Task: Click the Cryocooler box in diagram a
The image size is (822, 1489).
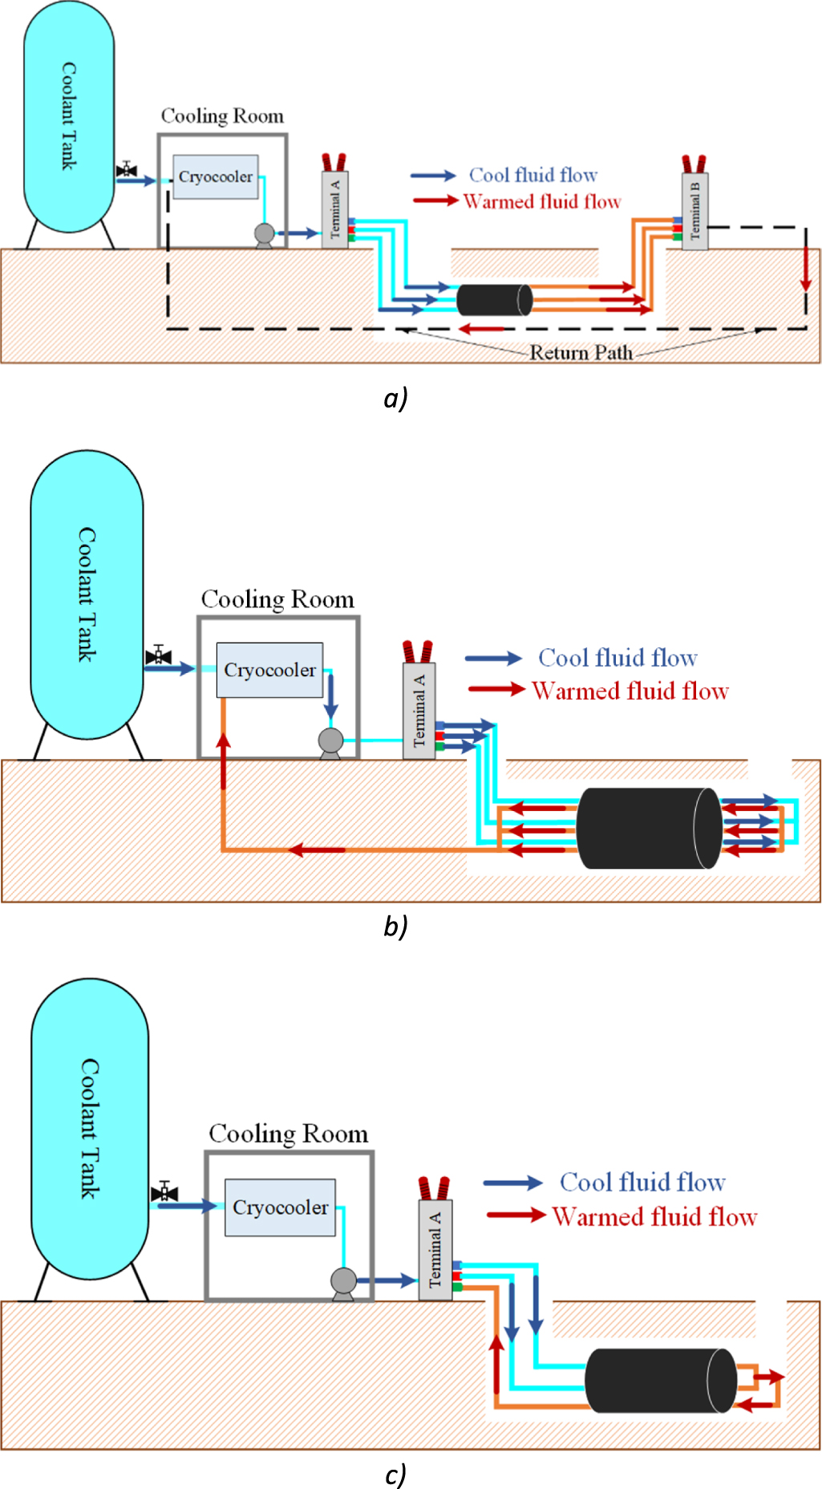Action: (x=215, y=176)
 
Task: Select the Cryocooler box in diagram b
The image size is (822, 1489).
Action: (x=269, y=670)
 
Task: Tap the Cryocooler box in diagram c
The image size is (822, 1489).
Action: (x=280, y=1207)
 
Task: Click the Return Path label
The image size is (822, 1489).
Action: (x=581, y=353)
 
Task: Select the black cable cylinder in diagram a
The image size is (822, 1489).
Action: (x=493, y=299)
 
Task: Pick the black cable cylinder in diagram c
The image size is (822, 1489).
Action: (x=659, y=1380)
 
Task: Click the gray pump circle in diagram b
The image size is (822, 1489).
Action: (x=330, y=740)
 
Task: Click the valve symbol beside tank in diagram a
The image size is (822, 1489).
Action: (x=127, y=169)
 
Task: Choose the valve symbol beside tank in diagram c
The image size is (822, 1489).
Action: (x=164, y=1192)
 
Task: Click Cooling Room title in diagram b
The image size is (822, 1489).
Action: (x=277, y=599)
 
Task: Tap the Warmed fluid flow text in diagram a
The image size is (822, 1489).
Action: (x=542, y=201)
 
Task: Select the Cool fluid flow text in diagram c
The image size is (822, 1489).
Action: (x=642, y=1182)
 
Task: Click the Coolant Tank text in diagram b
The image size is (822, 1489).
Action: (x=87, y=594)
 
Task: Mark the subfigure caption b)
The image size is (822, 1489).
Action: (x=395, y=926)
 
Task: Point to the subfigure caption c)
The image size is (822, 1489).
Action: (x=395, y=1474)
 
